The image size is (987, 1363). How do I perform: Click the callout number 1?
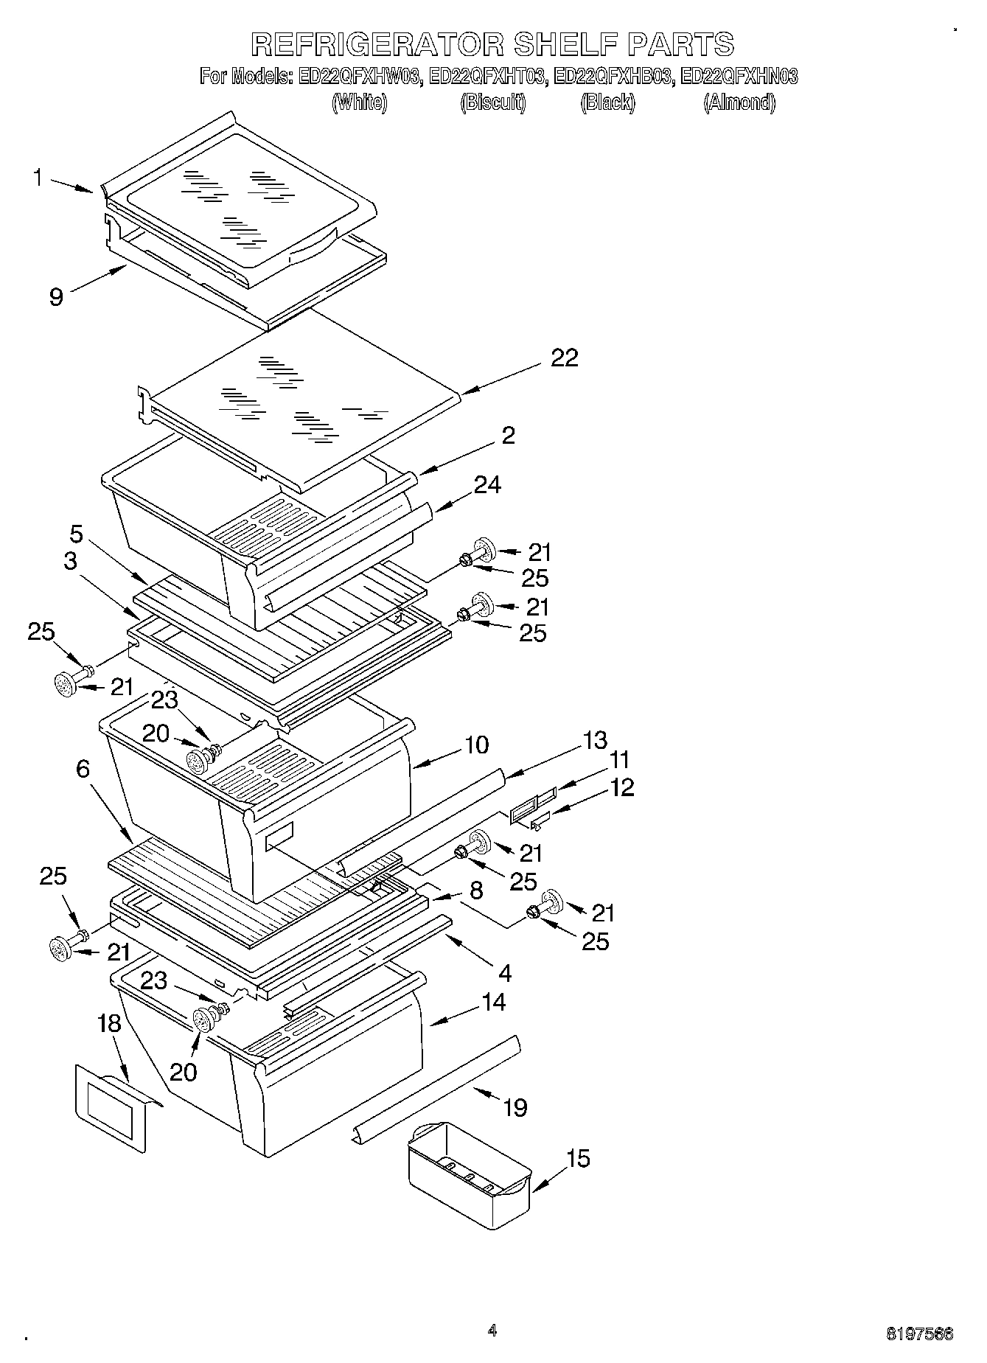[37, 178]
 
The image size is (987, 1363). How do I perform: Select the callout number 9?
[57, 296]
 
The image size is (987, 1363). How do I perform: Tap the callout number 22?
[564, 358]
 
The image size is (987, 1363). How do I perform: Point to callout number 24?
[487, 485]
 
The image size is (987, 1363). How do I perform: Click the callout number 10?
[477, 745]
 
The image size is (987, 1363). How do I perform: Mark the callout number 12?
[621, 787]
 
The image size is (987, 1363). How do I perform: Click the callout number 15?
[579, 1159]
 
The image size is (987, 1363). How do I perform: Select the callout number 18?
[109, 1023]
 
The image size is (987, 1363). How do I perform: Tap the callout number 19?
[515, 1107]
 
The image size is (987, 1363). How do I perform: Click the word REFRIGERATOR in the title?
[377, 44]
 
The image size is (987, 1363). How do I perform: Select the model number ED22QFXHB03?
[612, 77]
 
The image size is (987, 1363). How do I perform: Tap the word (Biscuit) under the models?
[493, 102]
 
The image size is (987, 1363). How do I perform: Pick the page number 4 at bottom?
[492, 1331]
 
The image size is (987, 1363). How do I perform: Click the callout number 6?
[83, 770]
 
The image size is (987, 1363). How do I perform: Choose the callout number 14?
[493, 1002]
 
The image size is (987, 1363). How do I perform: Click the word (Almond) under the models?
[739, 102]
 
